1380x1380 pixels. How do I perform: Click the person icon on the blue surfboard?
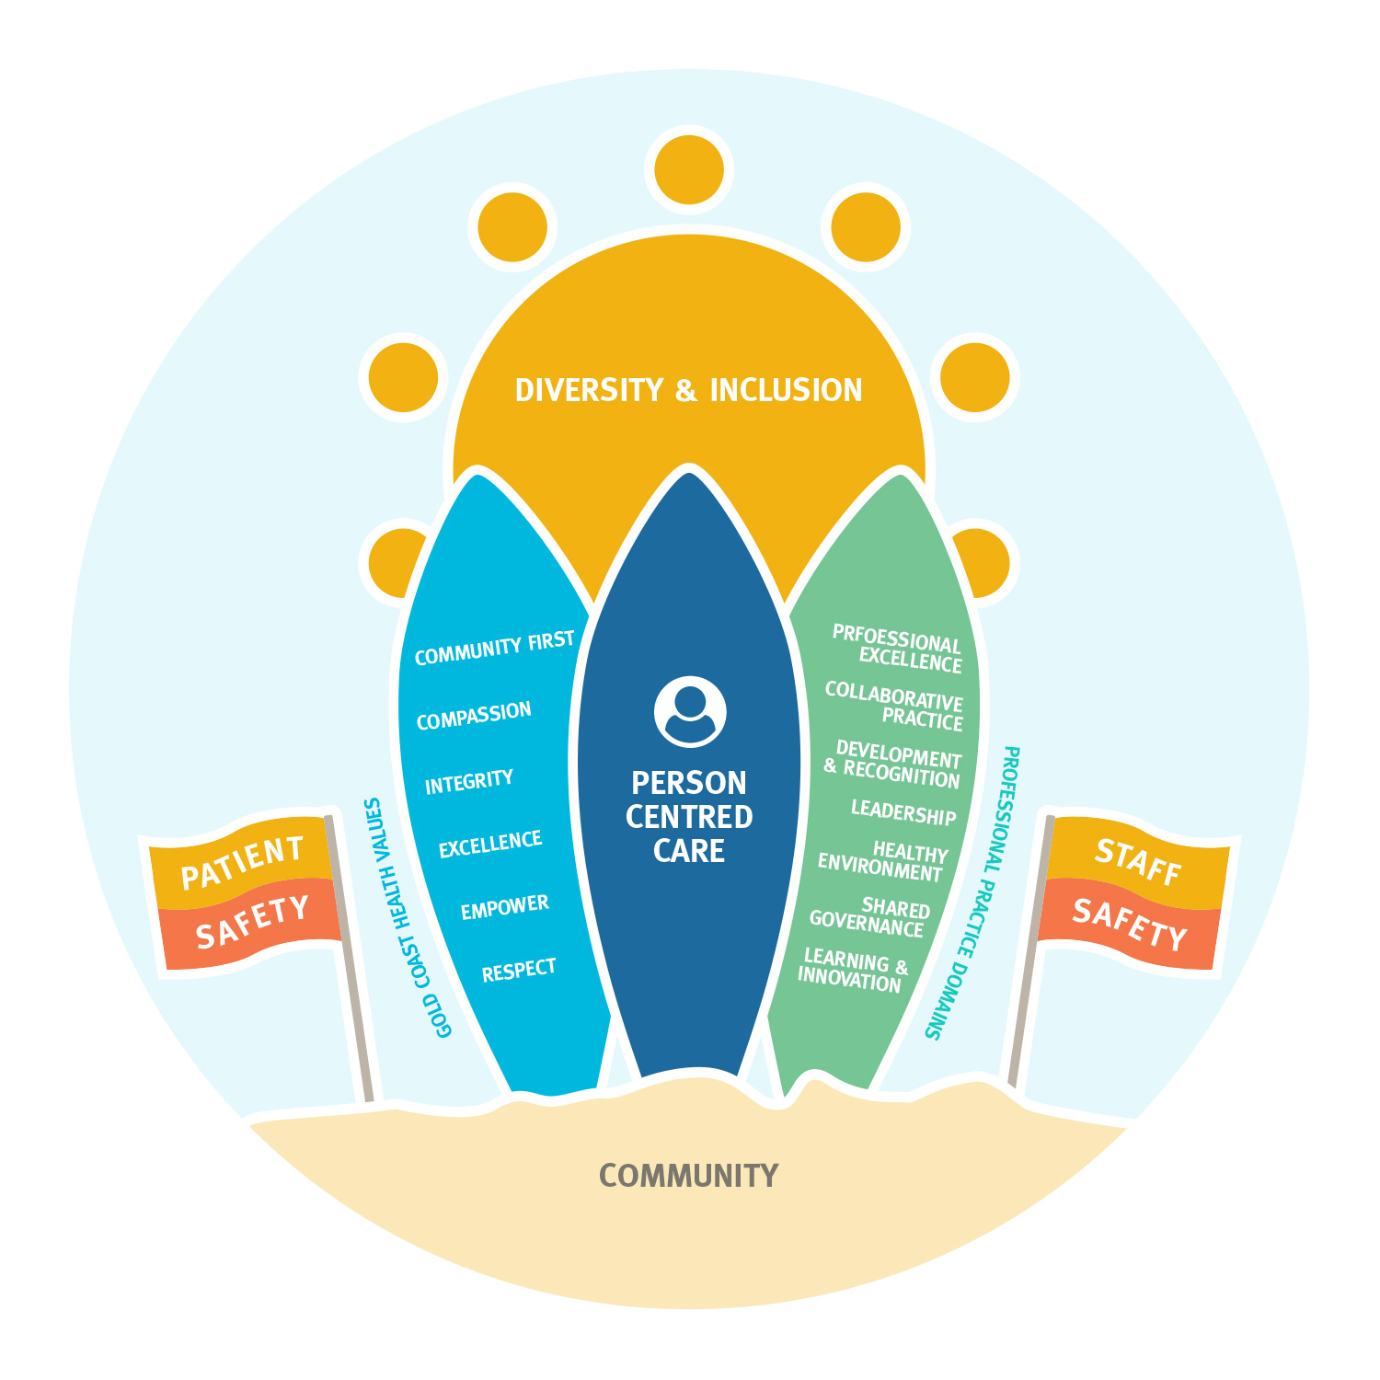pyautogui.click(x=690, y=712)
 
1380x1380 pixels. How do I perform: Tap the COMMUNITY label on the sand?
pyautogui.click(x=688, y=1176)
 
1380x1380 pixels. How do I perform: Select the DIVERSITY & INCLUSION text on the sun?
pyautogui.click(x=688, y=390)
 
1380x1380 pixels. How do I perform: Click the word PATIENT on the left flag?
pyautogui.click(x=242, y=863)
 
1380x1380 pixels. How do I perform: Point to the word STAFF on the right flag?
pyautogui.click(x=1138, y=862)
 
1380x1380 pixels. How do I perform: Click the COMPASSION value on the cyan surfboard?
pyautogui.click(x=474, y=716)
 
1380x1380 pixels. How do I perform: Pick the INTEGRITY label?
pyautogui.click(x=468, y=782)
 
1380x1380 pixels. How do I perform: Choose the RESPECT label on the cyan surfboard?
pyautogui.click(x=519, y=970)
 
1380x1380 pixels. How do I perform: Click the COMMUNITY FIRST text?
pyautogui.click(x=494, y=648)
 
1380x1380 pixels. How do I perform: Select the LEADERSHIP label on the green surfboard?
pyautogui.click(x=903, y=812)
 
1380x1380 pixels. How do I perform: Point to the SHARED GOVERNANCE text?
pyautogui.click(x=869, y=918)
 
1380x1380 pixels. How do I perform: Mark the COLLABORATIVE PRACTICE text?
pyautogui.click(x=894, y=707)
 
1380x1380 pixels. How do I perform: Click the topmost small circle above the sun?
pyautogui.click(x=689, y=170)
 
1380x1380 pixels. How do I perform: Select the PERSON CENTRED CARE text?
pyautogui.click(x=689, y=817)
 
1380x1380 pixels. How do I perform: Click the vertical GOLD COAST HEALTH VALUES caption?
pyautogui.click(x=408, y=918)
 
